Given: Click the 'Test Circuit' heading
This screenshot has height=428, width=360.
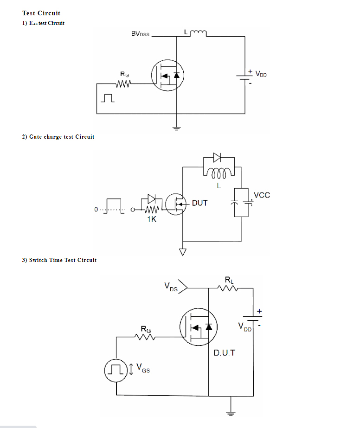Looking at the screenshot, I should click(x=41, y=13).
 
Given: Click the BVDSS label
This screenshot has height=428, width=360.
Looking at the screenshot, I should click(x=140, y=34).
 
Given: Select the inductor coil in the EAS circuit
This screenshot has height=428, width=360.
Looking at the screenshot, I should click(x=197, y=33).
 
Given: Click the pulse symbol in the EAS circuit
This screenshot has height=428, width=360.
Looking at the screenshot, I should click(x=109, y=98).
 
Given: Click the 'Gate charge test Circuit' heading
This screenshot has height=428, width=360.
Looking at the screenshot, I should click(x=58, y=137).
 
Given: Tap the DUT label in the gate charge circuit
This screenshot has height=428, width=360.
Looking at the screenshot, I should click(x=199, y=203).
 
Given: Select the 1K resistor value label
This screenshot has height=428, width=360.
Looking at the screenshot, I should click(x=152, y=219).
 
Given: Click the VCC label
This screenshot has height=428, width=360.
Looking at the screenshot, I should click(x=262, y=195).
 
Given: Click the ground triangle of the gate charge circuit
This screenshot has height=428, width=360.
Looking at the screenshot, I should click(x=183, y=252).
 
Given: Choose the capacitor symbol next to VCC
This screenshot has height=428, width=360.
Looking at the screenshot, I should click(x=234, y=203).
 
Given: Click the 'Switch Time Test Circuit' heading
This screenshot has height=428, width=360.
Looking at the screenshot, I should click(x=59, y=260).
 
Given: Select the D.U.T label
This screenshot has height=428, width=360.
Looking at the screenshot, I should click(x=224, y=353).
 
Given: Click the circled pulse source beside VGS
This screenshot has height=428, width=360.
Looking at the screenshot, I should click(x=116, y=369).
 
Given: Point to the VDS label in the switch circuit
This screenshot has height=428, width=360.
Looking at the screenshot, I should click(x=171, y=287).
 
